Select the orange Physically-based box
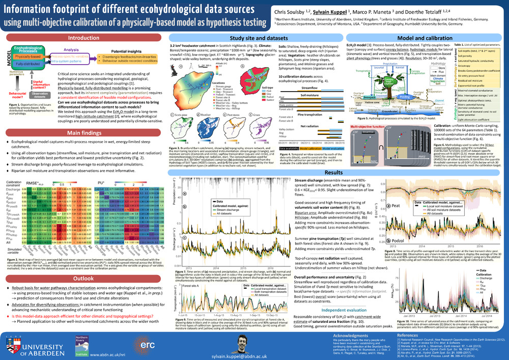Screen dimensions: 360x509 tap(28, 57)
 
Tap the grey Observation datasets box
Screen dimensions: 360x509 tap(40, 94)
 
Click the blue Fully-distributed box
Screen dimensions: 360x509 tap(28, 64)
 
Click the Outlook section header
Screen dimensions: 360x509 tap(84, 279)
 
